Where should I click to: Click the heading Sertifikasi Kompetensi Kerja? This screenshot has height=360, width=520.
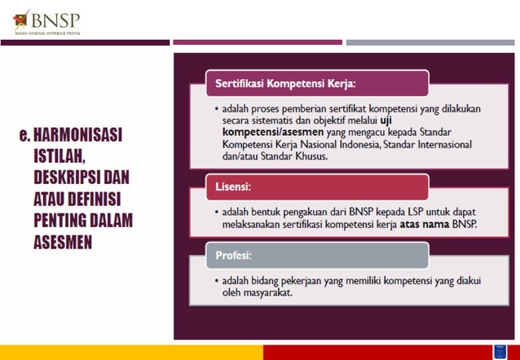[x=285, y=83]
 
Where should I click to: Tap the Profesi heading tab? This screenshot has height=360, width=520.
[x=233, y=255]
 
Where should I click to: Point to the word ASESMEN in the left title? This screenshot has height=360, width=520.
[x=68, y=241]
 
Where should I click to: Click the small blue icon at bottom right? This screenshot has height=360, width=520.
[x=498, y=351]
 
